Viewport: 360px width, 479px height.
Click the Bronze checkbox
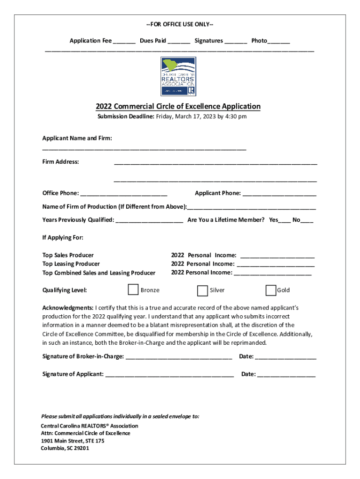[133, 290]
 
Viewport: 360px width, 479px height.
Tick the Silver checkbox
[202, 290]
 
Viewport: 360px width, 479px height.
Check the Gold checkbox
[271, 290]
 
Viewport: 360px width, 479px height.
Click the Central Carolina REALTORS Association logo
[178, 76]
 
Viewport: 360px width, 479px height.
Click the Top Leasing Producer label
[71, 264]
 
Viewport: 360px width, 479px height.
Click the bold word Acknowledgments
[68, 308]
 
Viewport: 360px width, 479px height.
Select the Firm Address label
[61, 162]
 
